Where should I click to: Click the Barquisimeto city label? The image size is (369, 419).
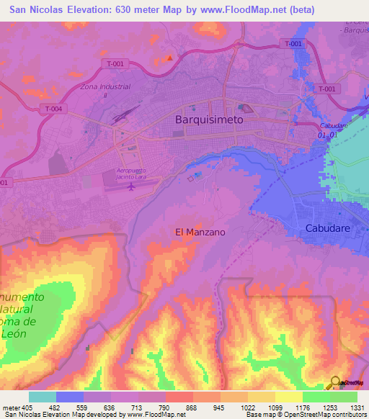click(210, 122)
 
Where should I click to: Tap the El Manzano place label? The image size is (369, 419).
click(200, 232)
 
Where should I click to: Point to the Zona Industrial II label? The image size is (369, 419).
click(99, 90)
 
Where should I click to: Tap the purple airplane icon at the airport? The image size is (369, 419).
click(130, 187)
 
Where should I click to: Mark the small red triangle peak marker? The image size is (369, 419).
click(170, 58)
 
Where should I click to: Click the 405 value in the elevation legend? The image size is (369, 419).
click(27, 407)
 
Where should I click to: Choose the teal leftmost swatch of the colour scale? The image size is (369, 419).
click(43, 397)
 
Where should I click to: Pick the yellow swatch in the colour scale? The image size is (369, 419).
click(289, 397)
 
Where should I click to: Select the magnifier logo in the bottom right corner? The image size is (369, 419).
click(336, 383)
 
